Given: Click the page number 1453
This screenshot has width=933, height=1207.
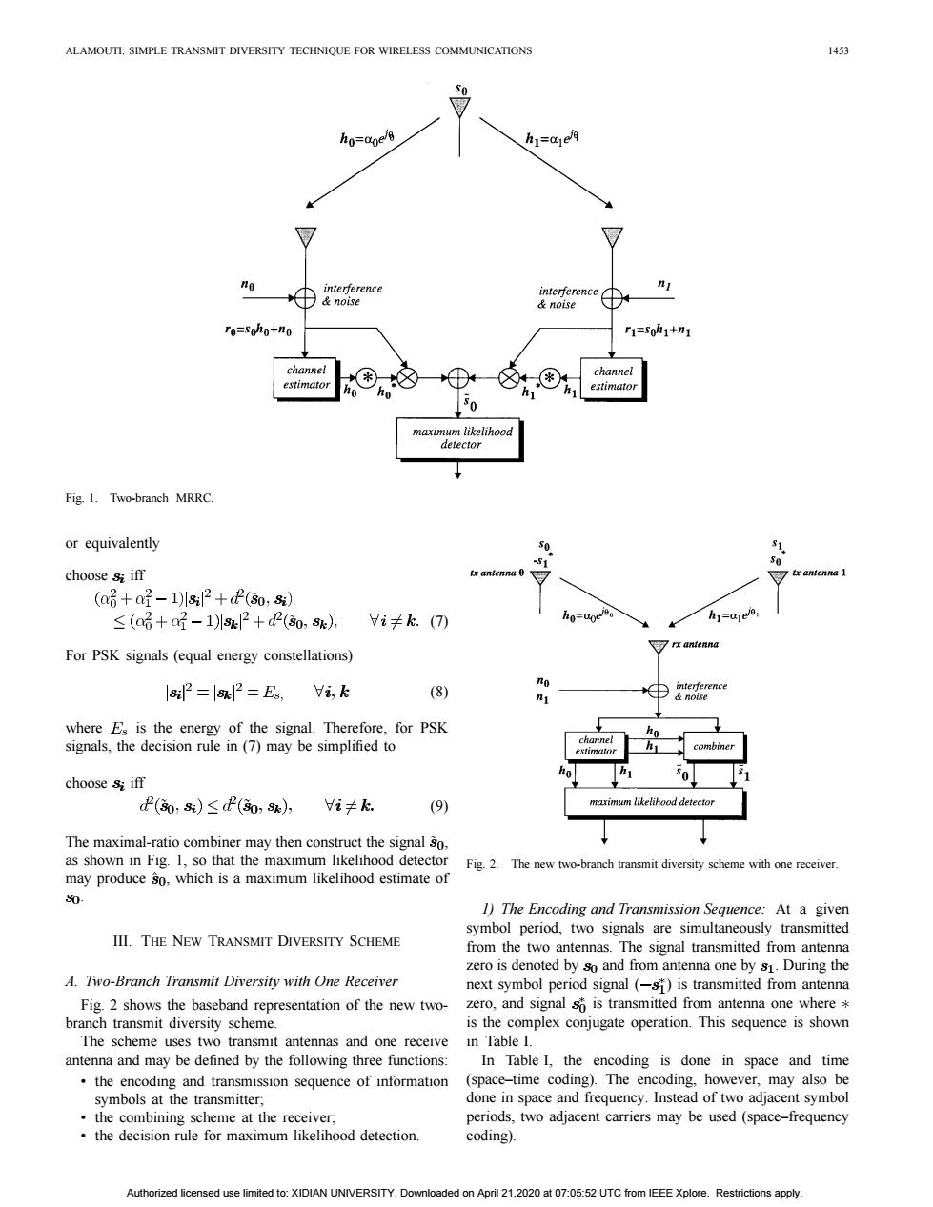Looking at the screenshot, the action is click(x=838, y=51).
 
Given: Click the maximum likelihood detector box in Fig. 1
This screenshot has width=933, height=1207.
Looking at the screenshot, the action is click(x=460, y=439).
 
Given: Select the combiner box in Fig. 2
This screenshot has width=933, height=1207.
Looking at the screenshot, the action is click(x=714, y=747).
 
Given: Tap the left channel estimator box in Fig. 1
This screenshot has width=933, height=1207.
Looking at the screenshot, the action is click(x=306, y=378).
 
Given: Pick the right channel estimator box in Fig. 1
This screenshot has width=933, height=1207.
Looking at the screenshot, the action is click(x=614, y=379).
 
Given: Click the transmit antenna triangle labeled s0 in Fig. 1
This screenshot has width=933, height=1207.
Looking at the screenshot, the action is click(x=459, y=107).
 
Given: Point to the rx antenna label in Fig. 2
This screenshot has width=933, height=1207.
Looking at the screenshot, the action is click(x=695, y=644).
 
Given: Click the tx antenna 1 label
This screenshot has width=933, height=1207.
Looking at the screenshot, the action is click(x=819, y=573).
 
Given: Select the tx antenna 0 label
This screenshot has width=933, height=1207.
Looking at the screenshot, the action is click(x=497, y=573).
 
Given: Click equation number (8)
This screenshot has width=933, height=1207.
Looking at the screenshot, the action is click(x=438, y=692).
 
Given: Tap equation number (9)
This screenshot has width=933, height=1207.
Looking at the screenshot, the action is click(x=438, y=806).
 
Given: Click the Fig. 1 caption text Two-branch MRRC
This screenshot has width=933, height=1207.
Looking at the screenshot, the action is click(x=162, y=498).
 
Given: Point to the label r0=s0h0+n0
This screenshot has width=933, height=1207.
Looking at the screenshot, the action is click(x=258, y=330).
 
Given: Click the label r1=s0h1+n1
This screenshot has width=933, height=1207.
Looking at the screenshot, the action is click(x=658, y=332).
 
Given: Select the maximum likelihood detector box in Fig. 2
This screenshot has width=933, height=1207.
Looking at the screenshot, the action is click(x=655, y=803).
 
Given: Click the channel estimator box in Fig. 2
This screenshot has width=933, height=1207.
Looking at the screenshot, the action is click(x=596, y=746).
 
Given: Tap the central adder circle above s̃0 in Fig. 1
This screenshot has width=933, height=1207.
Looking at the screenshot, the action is click(x=457, y=378).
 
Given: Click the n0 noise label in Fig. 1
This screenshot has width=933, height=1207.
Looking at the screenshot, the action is click(x=248, y=286).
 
